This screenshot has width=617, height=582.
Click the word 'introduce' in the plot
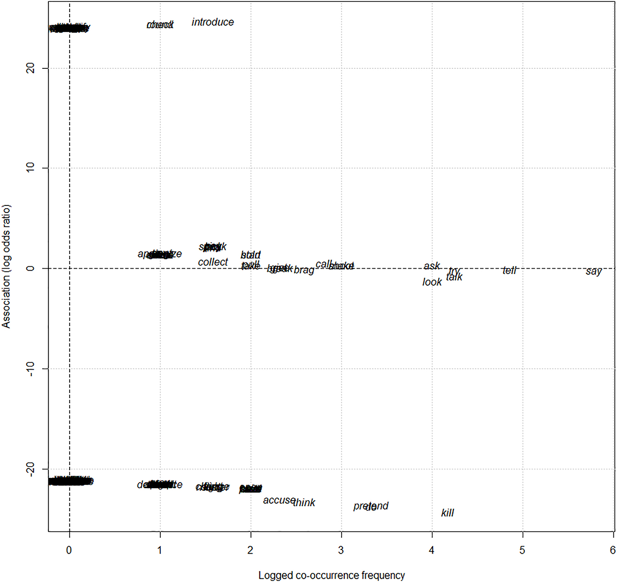click(x=213, y=22)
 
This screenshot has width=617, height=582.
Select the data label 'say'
click(x=593, y=271)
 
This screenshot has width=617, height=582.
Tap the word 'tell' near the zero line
click(x=509, y=271)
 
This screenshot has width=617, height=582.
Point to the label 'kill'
click(x=447, y=513)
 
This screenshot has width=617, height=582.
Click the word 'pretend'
click(x=371, y=506)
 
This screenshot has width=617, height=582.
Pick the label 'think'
click(x=304, y=503)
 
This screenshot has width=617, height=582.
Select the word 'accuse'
click(x=279, y=500)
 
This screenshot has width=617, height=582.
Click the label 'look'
click(x=432, y=282)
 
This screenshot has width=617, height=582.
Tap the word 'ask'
click(x=432, y=266)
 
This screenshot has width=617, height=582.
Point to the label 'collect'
click(x=213, y=262)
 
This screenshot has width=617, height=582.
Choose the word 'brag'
click(x=304, y=270)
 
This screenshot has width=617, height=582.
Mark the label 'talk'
click(x=454, y=277)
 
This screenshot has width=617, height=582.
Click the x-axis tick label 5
click(x=522, y=550)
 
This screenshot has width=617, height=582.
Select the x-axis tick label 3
click(x=341, y=550)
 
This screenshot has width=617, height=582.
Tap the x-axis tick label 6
click(x=612, y=550)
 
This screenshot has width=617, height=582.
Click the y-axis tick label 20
click(x=31, y=68)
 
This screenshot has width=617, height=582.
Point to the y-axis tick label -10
click(x=31, y=369)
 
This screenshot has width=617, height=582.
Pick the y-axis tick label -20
click(x=31, y=469)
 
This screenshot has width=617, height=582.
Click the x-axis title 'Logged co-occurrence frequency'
click(x=332, y=575)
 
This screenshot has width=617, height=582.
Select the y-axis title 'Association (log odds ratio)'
click(x=6, y=266)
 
